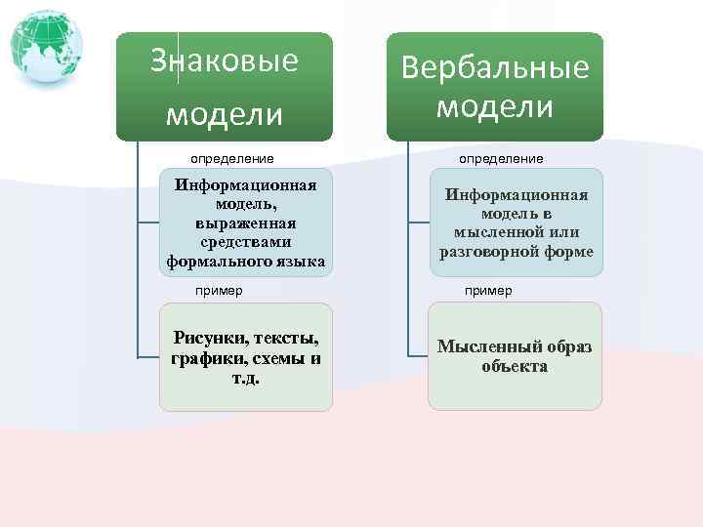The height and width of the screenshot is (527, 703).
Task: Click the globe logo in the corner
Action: (x=46, y=46)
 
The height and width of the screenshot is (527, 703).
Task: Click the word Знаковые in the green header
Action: (x=225, y=61)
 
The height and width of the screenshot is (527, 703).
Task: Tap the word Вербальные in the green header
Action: (x=495, y=67)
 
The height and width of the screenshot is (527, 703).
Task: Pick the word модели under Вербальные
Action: (x=495, y=105)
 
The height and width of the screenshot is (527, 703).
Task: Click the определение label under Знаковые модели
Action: (x=232, y=158)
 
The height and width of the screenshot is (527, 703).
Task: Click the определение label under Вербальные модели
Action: (x=502, y=158)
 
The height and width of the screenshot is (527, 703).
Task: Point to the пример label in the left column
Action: (x=219, y=291)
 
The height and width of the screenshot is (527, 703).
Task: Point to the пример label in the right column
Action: (x=488, y=291)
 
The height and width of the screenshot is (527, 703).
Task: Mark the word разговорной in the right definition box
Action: (x=488, y=251)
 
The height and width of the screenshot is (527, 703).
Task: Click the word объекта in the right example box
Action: (x=515, y=367)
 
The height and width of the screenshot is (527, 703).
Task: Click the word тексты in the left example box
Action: (x=287, y=339)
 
